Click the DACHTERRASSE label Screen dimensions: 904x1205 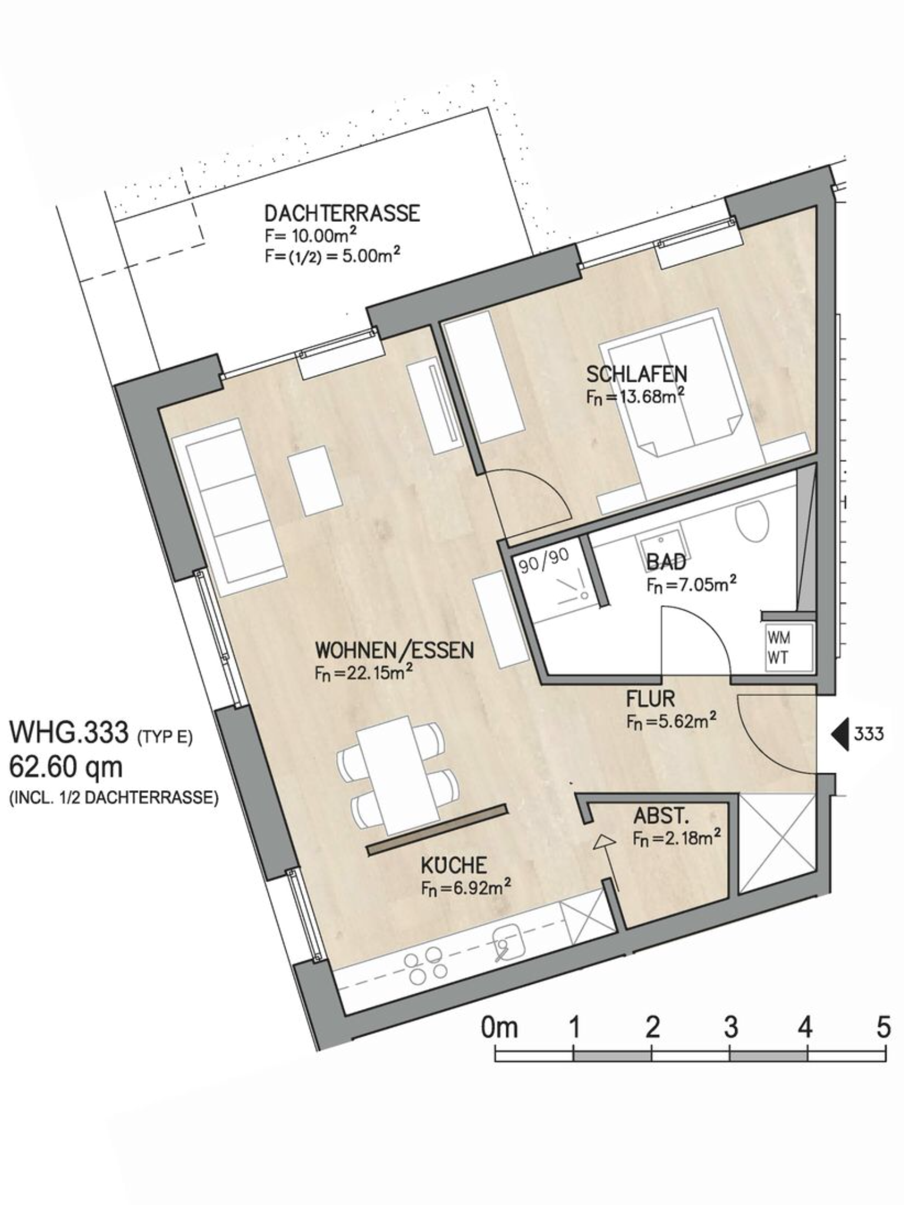click(x=342, y=212)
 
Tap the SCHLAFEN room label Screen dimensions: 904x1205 click(x=636, y=374)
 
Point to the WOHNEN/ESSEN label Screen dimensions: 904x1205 click(x=394, y=650)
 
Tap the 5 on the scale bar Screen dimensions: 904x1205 click(x=883, y=1027)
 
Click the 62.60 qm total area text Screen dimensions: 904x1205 click(x=66, y=767)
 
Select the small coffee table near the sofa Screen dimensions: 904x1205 click(x=315, y=481)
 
